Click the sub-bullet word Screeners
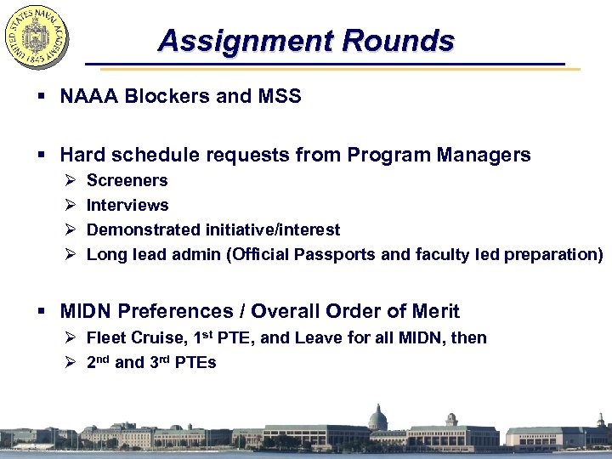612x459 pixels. pos(127,180)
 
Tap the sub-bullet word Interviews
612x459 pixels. pos(127,205)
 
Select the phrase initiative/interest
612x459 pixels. pos(273,229)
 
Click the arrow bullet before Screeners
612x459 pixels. pos(69,180)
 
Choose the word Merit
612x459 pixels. pos(433,311)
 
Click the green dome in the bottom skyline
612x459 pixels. pos(377,416)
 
